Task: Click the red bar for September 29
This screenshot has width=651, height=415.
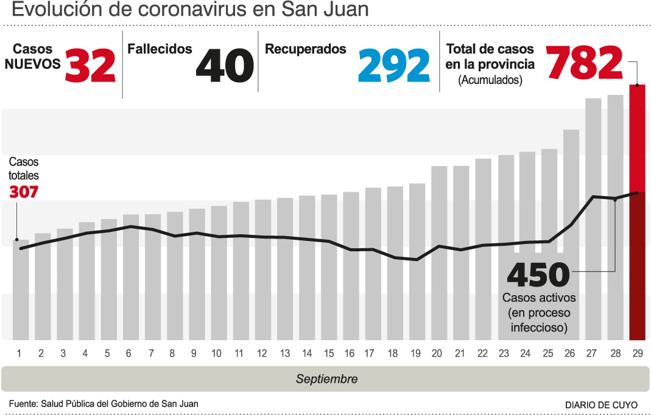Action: (x=637, y=213)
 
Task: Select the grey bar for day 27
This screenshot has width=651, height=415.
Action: (x=593, y=219)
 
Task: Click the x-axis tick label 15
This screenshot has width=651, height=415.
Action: (x=329, y=354)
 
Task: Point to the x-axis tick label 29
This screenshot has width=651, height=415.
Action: (x=638, y=354)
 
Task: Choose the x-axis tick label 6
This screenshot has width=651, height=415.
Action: (x=128, y=354)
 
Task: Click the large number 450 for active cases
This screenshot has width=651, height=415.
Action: (x=538, y=276)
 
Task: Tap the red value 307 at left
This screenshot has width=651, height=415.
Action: (x=24, y=192)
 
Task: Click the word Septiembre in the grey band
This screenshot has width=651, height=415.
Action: (x=326, y=379)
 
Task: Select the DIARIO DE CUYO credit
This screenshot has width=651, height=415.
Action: (x=601, y=405)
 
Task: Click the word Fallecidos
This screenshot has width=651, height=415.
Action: (x=160, y=49)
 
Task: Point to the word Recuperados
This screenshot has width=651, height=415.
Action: (x=306, y=49)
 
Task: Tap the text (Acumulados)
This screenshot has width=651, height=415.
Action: (x=490, y=80)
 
